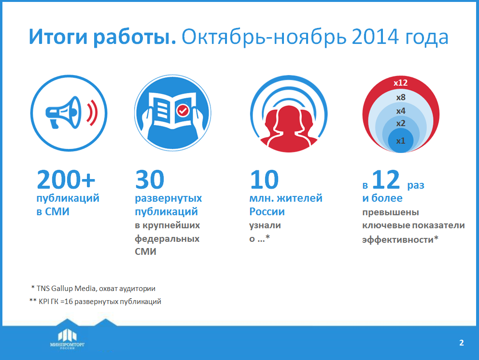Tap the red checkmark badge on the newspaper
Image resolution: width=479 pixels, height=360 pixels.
tap(183, 110)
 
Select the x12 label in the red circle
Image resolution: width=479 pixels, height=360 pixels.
tap(400, 83)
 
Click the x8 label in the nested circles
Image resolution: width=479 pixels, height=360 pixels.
tap(401, 97)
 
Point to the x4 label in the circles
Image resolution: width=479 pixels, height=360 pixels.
tap(401, 111)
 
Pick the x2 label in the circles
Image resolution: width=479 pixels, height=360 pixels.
tap(401, 124)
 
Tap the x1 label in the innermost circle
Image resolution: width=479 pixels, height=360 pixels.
tap(401, 141)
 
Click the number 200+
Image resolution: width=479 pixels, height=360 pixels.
tap(66, 180)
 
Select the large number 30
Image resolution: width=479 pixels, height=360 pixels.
tap(150, 180)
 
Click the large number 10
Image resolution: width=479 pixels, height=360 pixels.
tap(264, 180)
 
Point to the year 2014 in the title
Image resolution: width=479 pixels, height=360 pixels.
tap(375, 37)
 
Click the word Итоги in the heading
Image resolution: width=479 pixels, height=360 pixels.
tap(58, 37)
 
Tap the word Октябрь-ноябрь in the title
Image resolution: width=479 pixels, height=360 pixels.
tap(264, 37)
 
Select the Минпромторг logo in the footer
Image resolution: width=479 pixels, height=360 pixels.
tap(67, 339)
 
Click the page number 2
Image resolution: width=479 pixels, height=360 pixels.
tap(462, 343)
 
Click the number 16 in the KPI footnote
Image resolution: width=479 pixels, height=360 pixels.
tap(69, 302)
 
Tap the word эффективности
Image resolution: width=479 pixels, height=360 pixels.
tap(398, 240)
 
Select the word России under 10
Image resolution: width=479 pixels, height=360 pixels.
tap(267, 211)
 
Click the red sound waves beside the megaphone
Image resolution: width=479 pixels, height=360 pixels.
tap(92, 112)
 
